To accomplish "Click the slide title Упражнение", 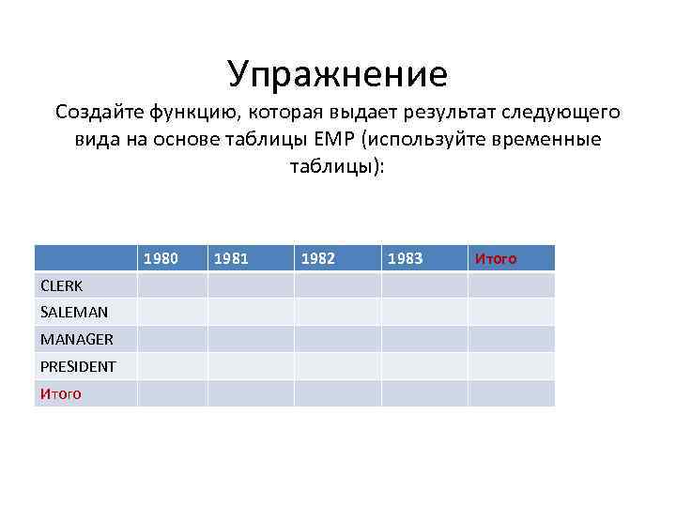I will pos(337,72).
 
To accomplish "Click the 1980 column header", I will pos(161,258).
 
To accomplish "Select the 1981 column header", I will pos(232,258).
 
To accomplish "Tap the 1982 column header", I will pos(319,258).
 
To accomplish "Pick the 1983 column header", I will pos(406,258).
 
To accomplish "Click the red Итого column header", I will pos(495,258).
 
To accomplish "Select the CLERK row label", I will pos(61,285).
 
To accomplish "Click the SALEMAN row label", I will pos(73,312).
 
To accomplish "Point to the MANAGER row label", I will pos(76,339).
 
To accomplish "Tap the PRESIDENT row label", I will pos(78,366).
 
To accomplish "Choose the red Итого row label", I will pos(60,393).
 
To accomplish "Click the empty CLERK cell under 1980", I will pos(172,285).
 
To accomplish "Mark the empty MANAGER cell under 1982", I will pos(337,339).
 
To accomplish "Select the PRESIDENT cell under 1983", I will pos(423,366).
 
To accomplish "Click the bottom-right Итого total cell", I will pos(511,393).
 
